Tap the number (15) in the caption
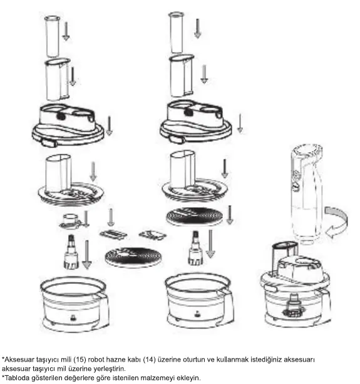click(x=80, y=360)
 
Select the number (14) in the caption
click(x=150, y=360)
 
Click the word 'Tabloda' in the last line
click(x=17, y=378)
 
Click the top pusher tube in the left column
click(x=52, y=36)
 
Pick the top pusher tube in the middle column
click(x=176, y=33)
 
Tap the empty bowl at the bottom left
click(x=75, y=304)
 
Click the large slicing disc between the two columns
click(x=133, y=257)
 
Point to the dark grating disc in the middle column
click(x=194, y=216)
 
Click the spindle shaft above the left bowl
click(x=71, y=252)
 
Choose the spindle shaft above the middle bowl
click(x=195, y=248)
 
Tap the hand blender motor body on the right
click(x=307, y=194)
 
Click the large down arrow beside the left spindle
click(x=87, y=255)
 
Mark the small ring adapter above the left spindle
click(x=70, y=221)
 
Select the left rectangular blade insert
click(x=113, y=235)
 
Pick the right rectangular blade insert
click(x=153, y=235)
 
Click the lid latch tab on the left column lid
click(x=49, y=143)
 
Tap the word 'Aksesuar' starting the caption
click(x=19, y=360)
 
